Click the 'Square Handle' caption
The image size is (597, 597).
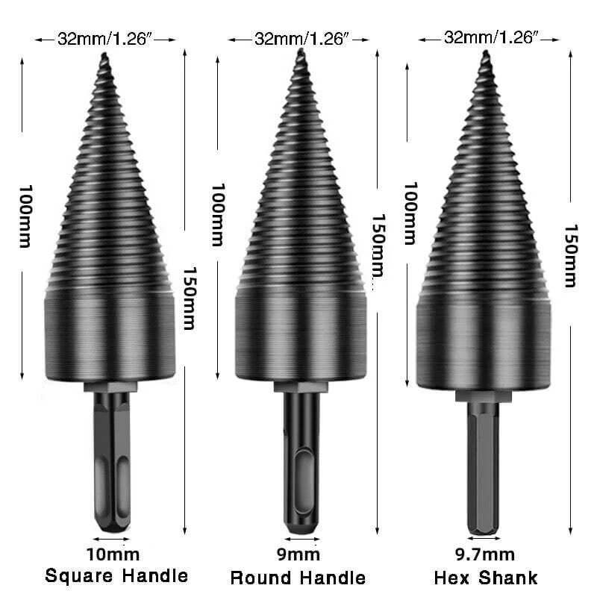[x=116, y=575]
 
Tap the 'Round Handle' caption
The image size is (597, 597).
[x=298, y=578]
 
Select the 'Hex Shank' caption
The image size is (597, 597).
[x=486, y=578]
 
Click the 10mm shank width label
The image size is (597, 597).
[x=113, y=554]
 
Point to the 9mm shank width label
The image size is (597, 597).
[x=298, y=554]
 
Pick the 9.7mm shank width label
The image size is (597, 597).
[x=485, y=554]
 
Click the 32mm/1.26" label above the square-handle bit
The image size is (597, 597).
[x=104, y=39]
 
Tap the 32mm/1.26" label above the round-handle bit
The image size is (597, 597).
[x=301, y=39]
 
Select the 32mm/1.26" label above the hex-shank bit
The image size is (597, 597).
[x=491, y=37]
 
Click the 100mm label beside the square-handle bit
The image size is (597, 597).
[x=25, y=216]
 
